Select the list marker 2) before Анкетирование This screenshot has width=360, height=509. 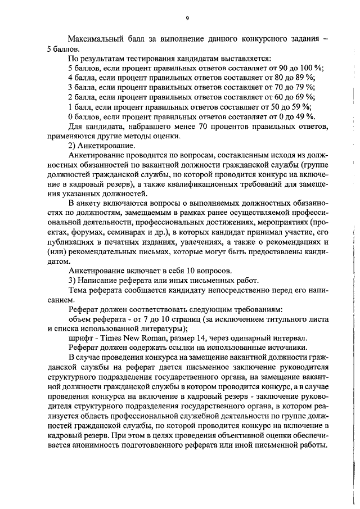(71, 146)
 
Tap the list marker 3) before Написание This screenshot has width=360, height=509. (71, 280)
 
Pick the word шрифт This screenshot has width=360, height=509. (79, 338)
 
